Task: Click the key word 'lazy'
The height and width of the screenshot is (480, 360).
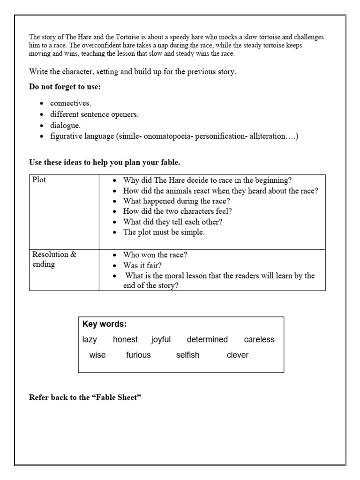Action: (x=90, y=340)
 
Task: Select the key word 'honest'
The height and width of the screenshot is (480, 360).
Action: (x=125, y=340)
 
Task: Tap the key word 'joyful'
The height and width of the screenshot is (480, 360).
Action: (x=161, y=340)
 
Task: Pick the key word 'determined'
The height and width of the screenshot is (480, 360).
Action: (x=207, y=340)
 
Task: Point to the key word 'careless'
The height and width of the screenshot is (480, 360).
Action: (x=259, y=340)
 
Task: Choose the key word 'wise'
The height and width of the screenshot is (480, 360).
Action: (x=97, y=355)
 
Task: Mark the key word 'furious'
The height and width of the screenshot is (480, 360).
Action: (x=138, y=355)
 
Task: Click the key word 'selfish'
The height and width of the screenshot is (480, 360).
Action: (x=187, y=355)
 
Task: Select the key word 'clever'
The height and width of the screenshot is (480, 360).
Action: (x=238, y=355)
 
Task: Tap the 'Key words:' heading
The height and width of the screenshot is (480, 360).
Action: (x=105, y=324)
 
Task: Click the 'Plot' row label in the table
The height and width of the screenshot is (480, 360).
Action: (x=39, y=180)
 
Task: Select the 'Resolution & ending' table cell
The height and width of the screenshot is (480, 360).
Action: (x=54, y=259)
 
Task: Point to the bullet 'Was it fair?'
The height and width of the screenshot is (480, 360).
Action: (x=142, y=265)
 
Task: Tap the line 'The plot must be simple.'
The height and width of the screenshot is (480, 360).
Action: (x=164, y=232)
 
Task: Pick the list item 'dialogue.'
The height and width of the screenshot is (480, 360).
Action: (x=66, y=125)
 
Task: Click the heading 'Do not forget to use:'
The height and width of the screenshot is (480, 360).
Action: (x=65, y=87)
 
